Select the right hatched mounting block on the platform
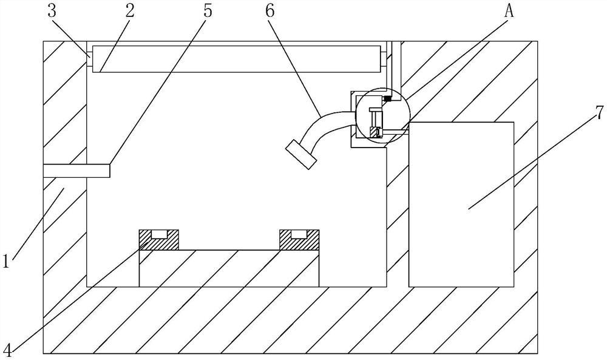point(298,240)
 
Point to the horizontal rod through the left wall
point(76,171)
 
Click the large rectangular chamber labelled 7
point(461,203)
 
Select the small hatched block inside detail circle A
point(376,132)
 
